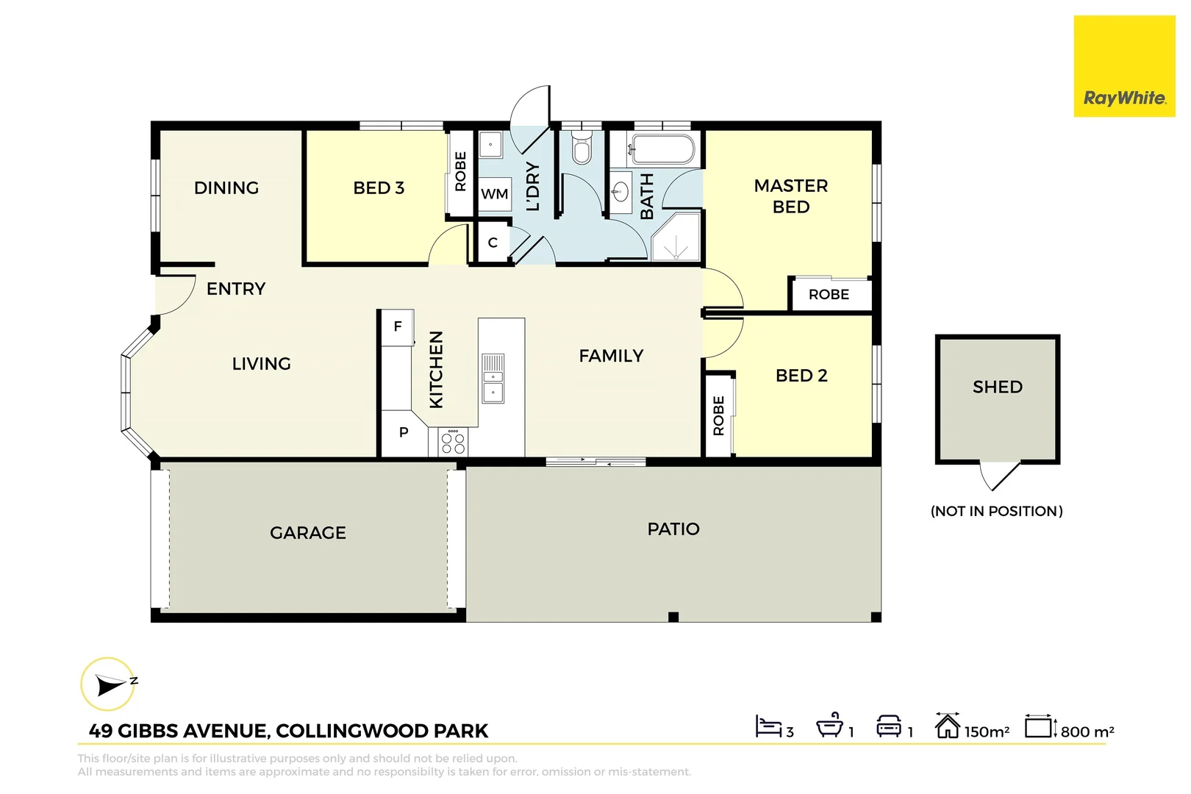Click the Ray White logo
1124,98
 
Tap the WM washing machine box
494,194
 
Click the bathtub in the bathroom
662,150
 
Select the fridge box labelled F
398,327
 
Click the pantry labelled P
404,432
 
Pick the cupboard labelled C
493,243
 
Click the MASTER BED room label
791,196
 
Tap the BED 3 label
379,188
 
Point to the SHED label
998,387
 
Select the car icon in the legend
889,726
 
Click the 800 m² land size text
1087,732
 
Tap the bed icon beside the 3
768,726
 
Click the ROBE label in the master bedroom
829,295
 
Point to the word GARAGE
308,533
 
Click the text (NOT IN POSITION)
997,511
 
